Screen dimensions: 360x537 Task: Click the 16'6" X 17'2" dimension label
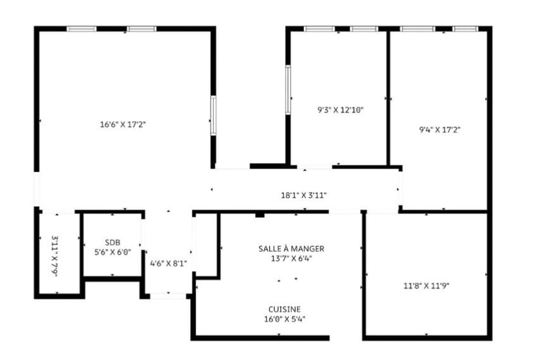(123, 124)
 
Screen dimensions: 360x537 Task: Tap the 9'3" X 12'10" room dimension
(341, 109)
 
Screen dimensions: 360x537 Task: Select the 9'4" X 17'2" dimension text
(440, 130)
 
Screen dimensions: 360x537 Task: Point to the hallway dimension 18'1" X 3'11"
(303, 195)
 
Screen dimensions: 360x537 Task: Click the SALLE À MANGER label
(291, 249)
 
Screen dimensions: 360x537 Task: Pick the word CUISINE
(284, 309)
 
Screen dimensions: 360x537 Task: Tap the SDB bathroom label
(112, 243)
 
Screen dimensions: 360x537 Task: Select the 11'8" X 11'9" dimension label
(426, 285)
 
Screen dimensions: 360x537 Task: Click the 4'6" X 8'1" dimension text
(168, 263)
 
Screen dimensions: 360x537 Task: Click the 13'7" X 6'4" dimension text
(291, 258)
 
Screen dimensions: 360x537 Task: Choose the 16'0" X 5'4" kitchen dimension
(285, 318)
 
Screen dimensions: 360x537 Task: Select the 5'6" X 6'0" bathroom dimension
(112, 251)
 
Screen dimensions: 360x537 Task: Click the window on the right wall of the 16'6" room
(214, 115)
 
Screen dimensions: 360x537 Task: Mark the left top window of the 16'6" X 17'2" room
(81, 29)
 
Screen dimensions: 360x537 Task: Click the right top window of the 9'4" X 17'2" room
(464, 29)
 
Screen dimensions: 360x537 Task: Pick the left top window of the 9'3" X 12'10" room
(319, 29)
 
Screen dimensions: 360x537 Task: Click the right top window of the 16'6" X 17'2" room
(141, 29)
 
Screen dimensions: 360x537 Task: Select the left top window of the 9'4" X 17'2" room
(418, 29)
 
